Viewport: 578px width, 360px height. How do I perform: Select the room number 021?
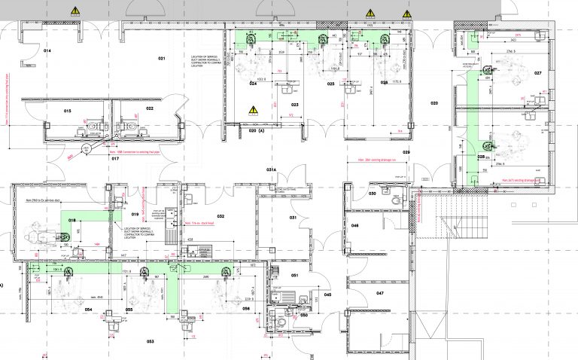(x=160, y=58)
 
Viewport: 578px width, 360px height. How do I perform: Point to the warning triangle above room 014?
(x=75, y=11)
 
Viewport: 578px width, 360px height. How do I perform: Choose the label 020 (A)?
(x=257, y=131)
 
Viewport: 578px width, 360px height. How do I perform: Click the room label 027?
(x=537, y=73)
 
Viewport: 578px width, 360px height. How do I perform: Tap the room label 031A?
(x=272, y=170)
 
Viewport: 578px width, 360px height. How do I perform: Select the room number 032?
(x=221, y=216)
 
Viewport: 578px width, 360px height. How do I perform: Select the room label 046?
(x=354, y=225)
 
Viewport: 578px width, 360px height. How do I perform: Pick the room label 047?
(x=380, y=292)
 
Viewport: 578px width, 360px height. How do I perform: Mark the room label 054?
(x=88, y=310)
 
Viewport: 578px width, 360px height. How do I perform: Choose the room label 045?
(x=328, y=294)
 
